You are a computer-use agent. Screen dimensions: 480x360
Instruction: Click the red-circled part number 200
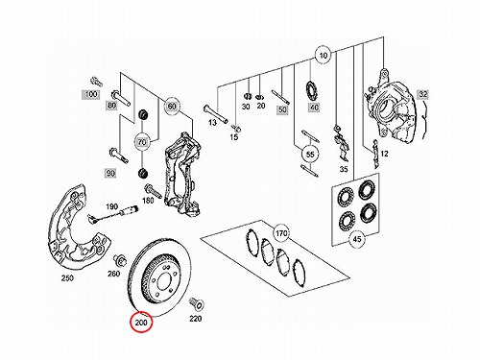click(x=141, y=323)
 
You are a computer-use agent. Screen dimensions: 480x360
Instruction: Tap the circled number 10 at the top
click(x=324, y=56)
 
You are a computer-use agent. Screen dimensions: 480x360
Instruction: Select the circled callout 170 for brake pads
click(x=281, y=233)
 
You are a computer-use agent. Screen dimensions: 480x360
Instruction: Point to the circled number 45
click(x=357, y=239)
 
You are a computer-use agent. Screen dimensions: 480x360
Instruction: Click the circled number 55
click(x=310, y=155)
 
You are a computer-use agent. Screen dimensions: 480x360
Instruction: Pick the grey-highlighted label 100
click(x=91, y=94)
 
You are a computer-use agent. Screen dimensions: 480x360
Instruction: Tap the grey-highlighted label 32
click(x=422, y=94)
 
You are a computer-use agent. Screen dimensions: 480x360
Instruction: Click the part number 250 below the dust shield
click(x=67, y=278)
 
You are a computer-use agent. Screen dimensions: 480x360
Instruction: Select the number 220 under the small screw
click(x=195, y=319)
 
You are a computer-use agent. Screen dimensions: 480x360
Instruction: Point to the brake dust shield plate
click(x=77, y=228)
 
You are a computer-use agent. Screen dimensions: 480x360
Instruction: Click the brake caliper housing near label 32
click(x=390, y=107)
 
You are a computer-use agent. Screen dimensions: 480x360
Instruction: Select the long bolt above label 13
click(x=215, y=113)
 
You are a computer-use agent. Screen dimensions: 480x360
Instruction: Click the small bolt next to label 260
click(x=120, y=260)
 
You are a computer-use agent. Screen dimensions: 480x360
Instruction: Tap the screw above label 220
click(x=196, y=303)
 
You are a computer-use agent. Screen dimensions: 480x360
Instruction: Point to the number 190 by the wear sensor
click(x=111, y=206)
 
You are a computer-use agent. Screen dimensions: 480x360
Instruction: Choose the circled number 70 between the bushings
click(x=142, y=142)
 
